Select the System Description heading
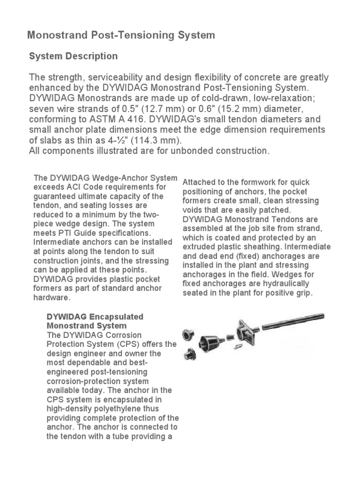(73, 56)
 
